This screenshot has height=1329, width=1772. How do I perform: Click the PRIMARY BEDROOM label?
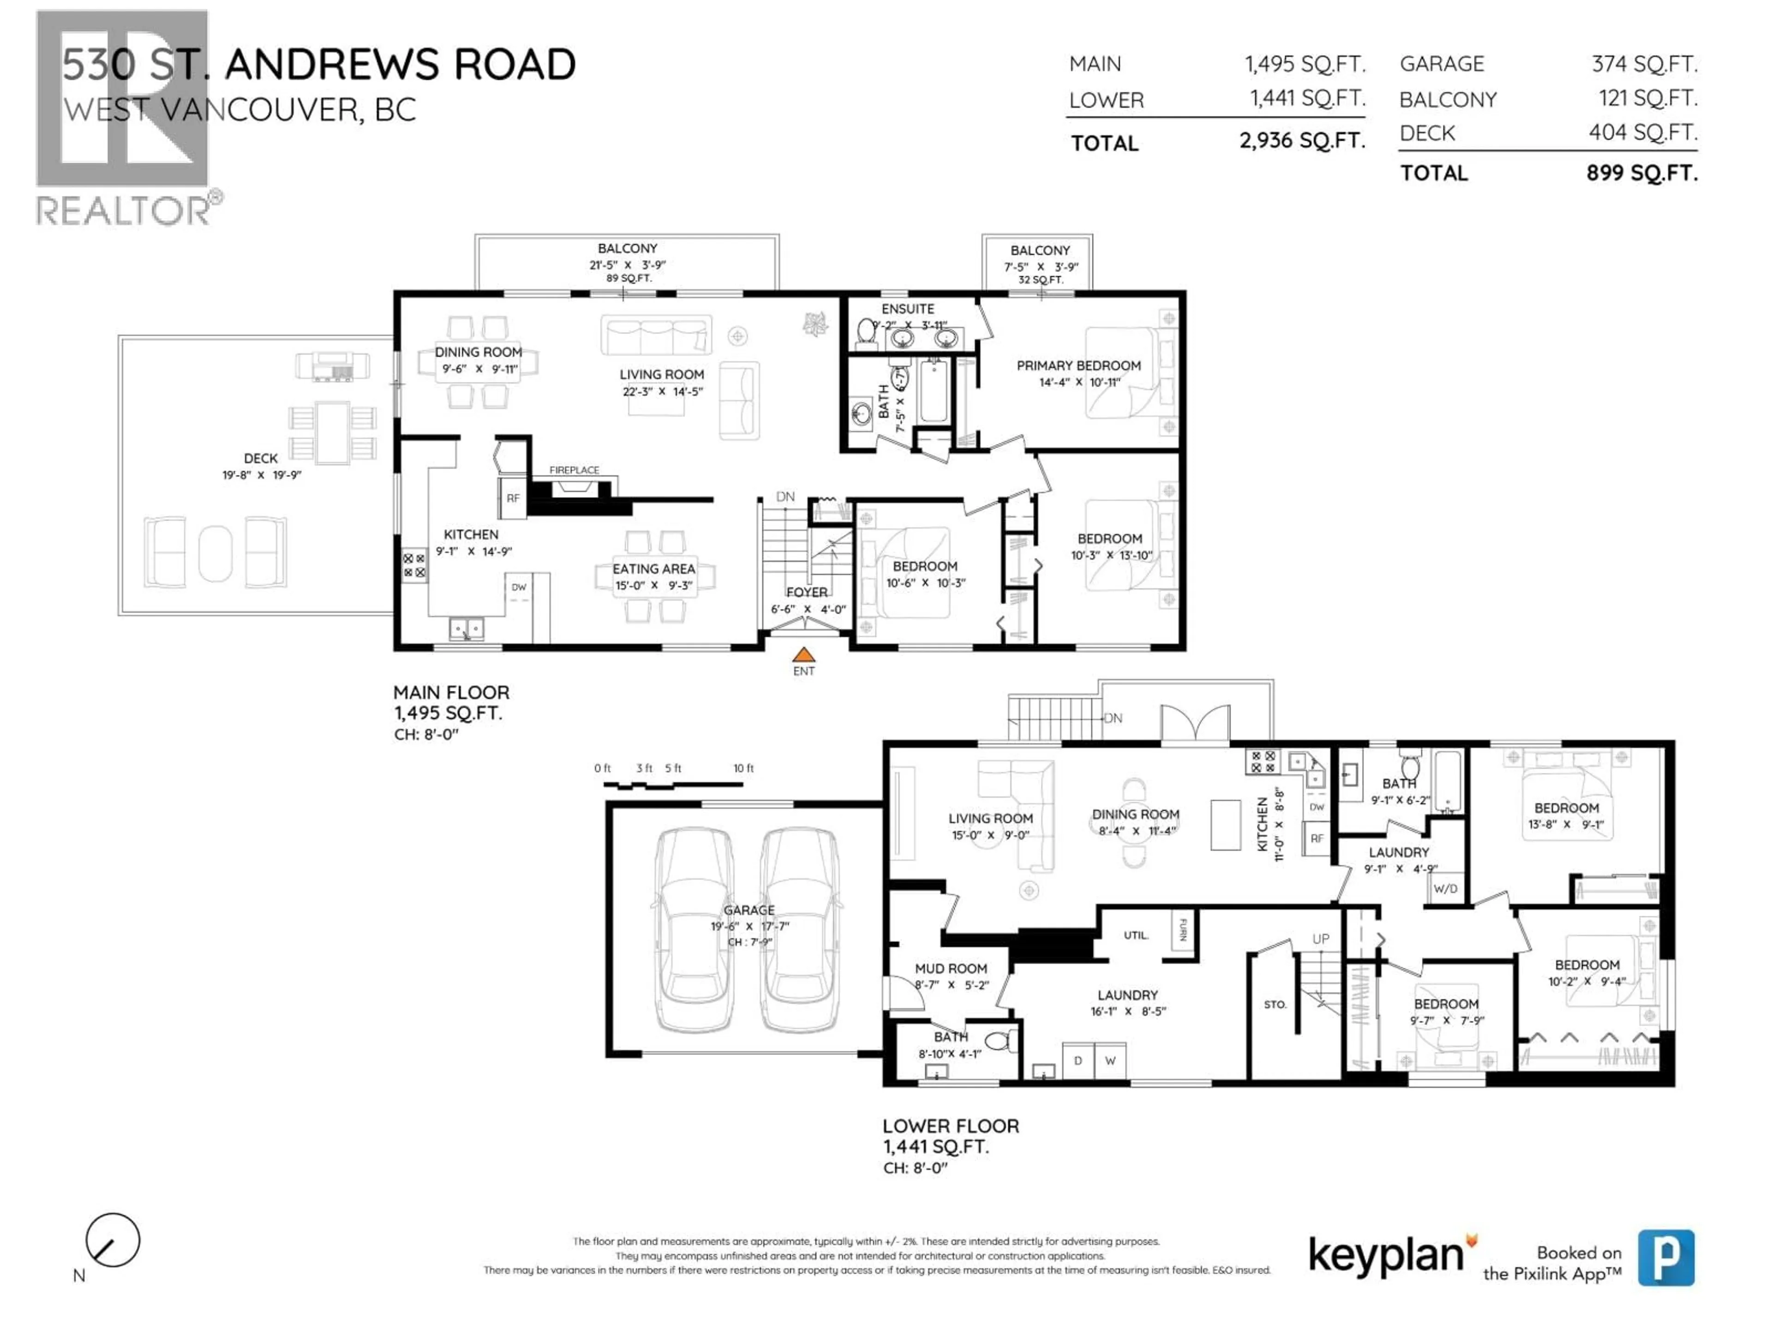1078,365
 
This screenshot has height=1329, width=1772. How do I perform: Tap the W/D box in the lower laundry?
1445,888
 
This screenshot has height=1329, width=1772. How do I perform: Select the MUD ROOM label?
951,969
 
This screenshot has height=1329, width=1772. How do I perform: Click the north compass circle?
113,1240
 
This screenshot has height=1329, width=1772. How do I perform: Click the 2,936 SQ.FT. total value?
1302,141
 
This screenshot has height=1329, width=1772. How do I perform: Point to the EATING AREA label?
654,569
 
